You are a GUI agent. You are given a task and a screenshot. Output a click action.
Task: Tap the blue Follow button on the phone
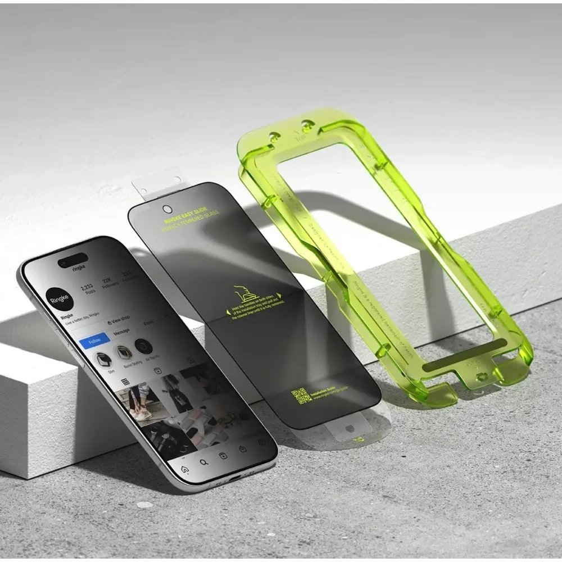point(94,341)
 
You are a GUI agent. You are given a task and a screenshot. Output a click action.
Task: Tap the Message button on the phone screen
point(121,333)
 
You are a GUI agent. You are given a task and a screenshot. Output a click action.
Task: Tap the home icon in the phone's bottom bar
point(184,469)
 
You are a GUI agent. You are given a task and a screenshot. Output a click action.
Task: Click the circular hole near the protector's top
point(166,210)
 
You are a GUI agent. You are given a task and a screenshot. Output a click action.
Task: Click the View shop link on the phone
point(119,318)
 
